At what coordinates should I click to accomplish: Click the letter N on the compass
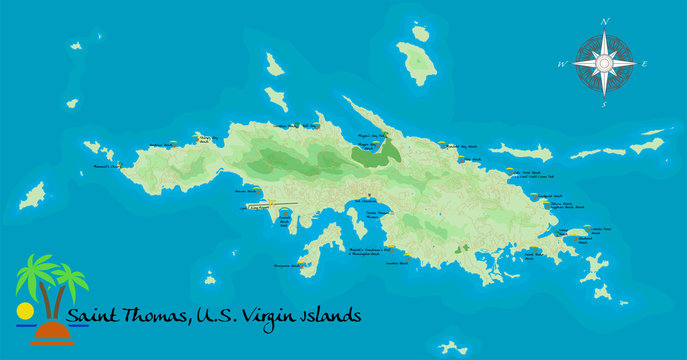(605, 21)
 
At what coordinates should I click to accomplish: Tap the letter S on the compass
(605, 102)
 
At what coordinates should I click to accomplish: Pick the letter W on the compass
(562, 62)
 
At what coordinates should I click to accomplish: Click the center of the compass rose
(605, 62)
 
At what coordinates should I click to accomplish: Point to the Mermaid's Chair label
(105, 165)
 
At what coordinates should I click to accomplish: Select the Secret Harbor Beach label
(539, 255)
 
